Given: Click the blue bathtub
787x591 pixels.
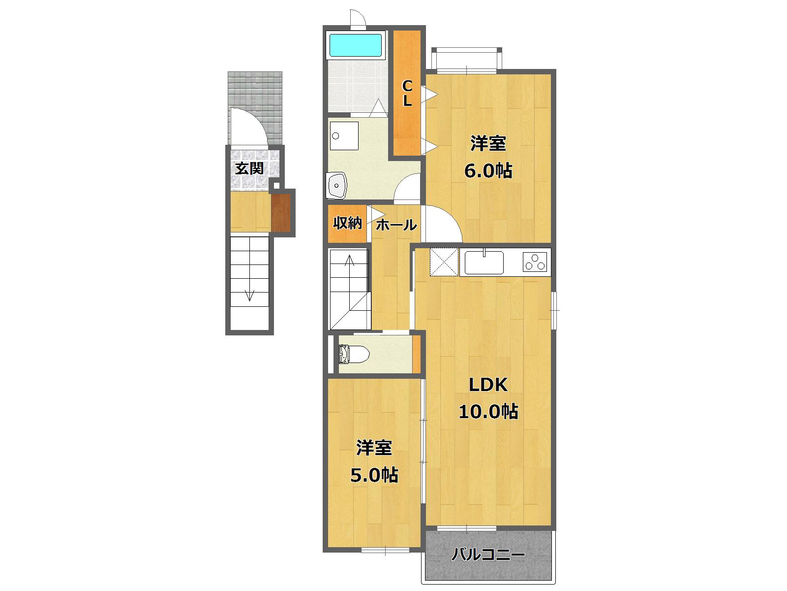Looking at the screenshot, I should (356, 45).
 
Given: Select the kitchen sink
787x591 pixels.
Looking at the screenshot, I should (484, 262).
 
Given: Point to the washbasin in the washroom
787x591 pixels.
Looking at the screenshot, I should (337, 186).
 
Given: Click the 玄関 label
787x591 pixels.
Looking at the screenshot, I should (249, 168).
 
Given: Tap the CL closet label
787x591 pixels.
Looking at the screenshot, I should (407, 94).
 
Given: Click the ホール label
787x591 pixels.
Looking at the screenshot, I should (396, 226).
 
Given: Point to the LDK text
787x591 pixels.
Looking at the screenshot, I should (487, 385).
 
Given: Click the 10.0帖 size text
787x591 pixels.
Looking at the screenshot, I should (488, 411).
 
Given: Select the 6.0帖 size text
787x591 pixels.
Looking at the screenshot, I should (488, 171).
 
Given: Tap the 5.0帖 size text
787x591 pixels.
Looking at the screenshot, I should (374, 475).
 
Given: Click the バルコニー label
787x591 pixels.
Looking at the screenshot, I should (488, 556).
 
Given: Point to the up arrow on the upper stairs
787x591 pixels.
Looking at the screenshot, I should (350, 261).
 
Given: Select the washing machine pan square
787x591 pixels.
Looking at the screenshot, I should (344, 135).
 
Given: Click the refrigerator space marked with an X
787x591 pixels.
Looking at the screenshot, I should (444, 262).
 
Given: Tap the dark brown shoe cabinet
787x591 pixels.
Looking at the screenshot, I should (281, 213).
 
